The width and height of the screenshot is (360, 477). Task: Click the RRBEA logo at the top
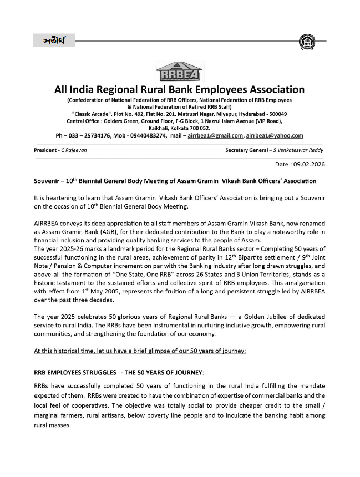[x=180, y=72]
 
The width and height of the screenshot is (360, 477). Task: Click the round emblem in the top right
[x=306, y=41]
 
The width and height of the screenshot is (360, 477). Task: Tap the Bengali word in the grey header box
[x=54, y=41]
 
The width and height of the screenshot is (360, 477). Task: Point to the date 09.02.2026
[x=310, y=165]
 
